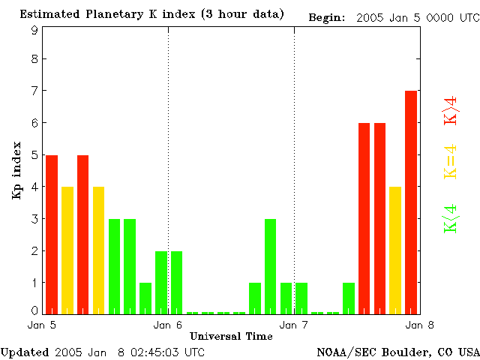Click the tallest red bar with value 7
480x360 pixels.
[411, 201]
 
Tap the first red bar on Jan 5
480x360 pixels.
[52, 233]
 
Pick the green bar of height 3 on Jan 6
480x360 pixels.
[270, 265]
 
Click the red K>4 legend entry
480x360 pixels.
[451, 111]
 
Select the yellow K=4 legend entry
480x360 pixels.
[451, 162]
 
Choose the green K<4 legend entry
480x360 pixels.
[451, 219]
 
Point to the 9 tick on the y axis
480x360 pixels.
[34, 30]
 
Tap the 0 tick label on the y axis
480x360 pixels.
[34, 310]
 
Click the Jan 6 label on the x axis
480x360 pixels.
[168, 325]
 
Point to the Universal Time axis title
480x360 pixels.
[231, 336]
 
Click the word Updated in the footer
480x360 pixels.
[24, 352]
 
